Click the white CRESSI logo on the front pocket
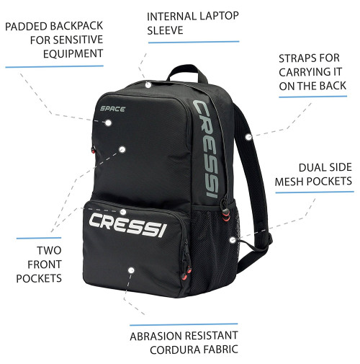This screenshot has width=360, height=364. point(127,224)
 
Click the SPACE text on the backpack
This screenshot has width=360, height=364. point(112,109)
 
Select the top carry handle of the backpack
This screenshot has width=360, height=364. point(187,73)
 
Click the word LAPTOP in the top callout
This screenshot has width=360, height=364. point(217,16)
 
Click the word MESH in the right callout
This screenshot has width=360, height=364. point(289,181)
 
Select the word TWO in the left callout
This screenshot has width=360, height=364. point(49,250)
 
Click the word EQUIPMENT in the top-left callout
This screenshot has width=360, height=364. point(73,53)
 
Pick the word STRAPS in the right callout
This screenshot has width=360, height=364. point(297,58)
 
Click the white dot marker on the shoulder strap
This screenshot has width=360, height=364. point(248,137)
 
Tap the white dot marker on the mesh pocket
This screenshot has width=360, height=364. point(233,240)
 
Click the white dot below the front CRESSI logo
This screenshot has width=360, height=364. point(131,270)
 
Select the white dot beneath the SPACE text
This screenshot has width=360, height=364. point(108,123)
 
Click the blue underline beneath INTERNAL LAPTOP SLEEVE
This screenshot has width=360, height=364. point(194,42)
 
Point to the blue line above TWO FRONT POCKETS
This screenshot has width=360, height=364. point(39,238)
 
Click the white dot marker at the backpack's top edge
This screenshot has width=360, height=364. point(148,84)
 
